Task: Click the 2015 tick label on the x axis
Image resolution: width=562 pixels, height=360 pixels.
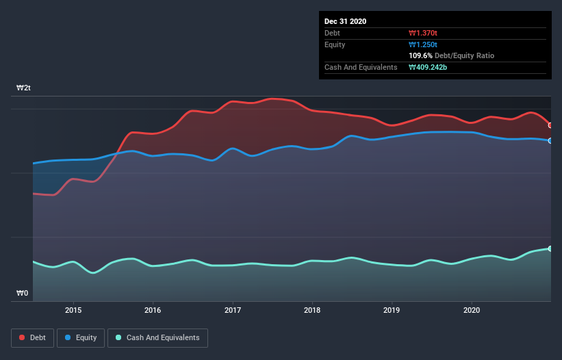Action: pos(73,310)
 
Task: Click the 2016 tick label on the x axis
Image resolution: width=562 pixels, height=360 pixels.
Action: pos(153,310)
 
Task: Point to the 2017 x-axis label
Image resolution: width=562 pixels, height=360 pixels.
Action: pos(233,310)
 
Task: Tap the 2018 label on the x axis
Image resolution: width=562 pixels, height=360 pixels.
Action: pos(313,310)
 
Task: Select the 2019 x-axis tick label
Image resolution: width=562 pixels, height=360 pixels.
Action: pos(392,310)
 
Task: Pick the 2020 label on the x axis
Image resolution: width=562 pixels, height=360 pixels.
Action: pos(472,310)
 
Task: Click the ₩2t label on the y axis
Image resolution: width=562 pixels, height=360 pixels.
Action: pos(24,88)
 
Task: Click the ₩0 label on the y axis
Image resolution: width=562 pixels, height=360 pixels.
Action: pos(23,294)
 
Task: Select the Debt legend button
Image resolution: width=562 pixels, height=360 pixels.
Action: pos(34,337)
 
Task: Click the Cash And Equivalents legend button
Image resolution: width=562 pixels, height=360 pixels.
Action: pos(157,337)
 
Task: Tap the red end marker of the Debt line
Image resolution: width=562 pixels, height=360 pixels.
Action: pos(550,125)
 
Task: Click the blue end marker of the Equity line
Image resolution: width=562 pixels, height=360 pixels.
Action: pos(550,140)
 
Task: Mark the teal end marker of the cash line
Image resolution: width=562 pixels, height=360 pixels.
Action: pos(550,248)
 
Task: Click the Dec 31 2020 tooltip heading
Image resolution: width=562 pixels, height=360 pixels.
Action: pos(345,21)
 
